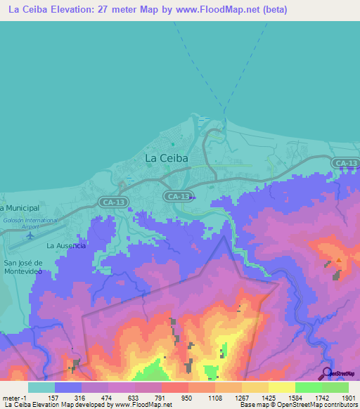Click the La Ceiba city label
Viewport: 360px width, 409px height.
pos(167,158)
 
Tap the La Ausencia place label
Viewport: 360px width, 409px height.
pos(66,246)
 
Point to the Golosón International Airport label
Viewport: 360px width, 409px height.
pos(30,223)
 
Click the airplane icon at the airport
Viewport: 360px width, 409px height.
pos(30,235)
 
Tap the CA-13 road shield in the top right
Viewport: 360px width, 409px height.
pos(345,163)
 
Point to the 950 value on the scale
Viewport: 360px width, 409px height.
pos(188,397)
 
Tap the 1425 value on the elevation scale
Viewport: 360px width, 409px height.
pos(268,397)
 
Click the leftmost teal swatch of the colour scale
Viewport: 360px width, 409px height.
pos(41,387)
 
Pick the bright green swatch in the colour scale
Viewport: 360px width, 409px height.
pos(308,387)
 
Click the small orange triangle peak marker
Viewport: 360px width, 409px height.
pos(339,261)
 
